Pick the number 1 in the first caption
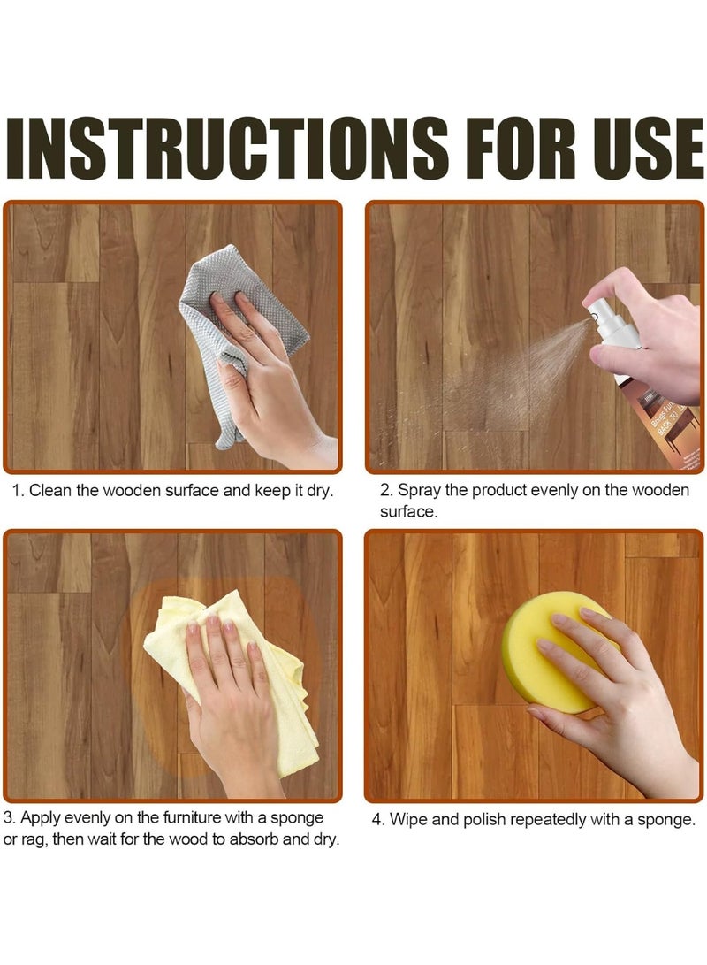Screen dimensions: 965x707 pyautogui.click(x=16, y=490)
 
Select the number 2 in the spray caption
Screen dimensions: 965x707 pyautogui.click(x=384, y=490)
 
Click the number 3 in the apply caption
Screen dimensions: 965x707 pyautogui.click(x=8, y=817)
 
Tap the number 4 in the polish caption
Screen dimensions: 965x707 pyautogui.click(x=376, y=820)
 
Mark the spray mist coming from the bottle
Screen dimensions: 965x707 pyautogui.click(x=513, y=371)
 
